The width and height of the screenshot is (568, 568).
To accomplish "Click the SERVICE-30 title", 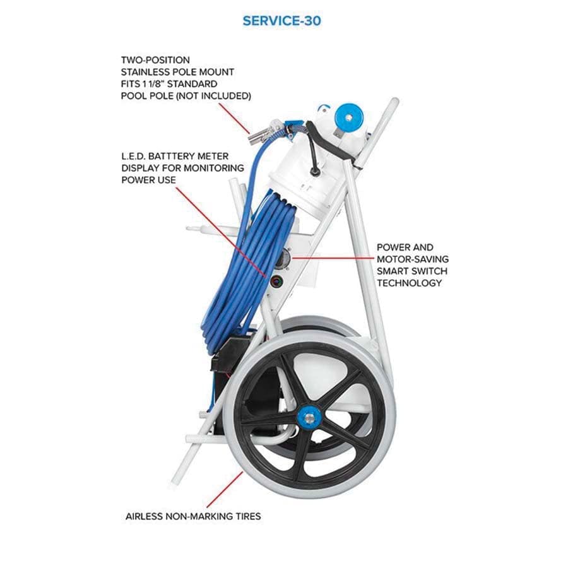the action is point(281,21).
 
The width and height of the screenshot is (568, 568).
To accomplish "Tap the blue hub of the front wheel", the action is point(308,418).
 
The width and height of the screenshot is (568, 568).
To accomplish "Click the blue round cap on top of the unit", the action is point(348,117).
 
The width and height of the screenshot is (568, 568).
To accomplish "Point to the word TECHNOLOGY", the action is point(409,283).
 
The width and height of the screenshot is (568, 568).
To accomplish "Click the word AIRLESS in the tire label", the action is point(144,516).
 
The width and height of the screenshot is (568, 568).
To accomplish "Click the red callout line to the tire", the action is point(225,489).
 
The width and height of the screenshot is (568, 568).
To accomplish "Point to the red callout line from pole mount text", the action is point(234,118).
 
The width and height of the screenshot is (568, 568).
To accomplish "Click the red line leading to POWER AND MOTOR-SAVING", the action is point(334,258).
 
